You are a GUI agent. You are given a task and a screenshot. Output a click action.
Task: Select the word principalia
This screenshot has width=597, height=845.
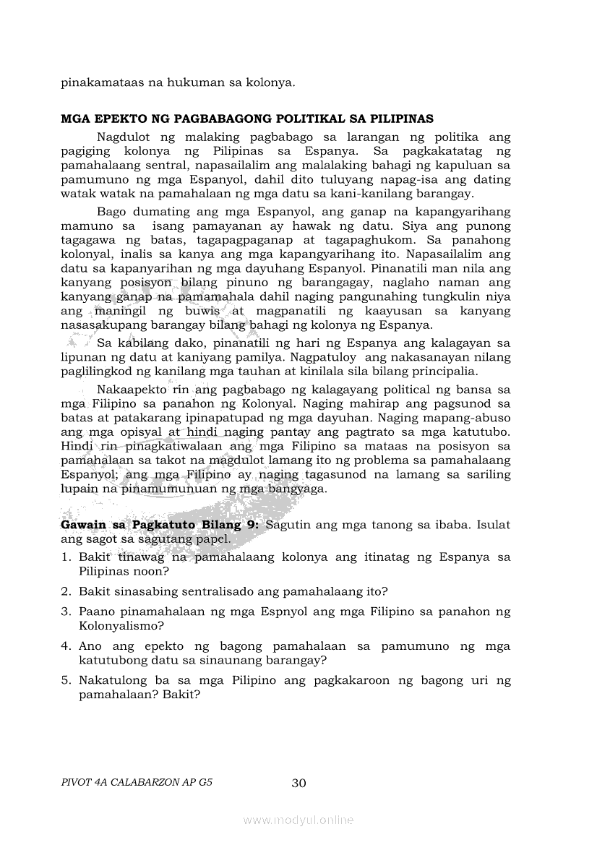(x=441, y=372)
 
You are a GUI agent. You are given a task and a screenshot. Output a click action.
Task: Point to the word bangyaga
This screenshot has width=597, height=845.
(x=298, y=489)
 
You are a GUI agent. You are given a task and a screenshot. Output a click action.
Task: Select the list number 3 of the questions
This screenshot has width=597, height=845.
(x=65, y=612)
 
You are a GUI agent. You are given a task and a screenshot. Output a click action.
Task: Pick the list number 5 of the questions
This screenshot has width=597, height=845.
(x=65, y=681)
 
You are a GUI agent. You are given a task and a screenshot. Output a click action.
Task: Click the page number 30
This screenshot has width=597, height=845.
(x=298, y=783)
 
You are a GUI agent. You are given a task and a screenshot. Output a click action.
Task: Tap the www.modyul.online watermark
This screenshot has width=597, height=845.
(x=298, y=820)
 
